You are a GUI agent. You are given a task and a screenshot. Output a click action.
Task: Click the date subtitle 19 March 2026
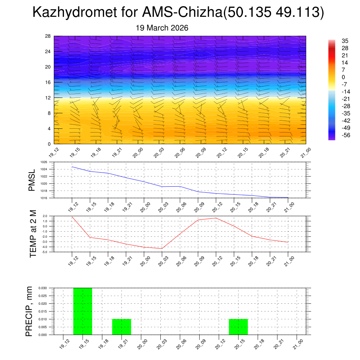[x=162, y=28]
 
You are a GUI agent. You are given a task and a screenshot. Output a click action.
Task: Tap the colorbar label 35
[x=345, y=41]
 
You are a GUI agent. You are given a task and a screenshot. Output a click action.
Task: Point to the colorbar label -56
[x=346, y=135]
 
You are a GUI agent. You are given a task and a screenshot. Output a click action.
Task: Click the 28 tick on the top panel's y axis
[x=48, y=36]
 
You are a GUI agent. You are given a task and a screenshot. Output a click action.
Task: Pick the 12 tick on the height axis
[x=48, y=98]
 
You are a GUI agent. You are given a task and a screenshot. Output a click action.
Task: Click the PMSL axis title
[x=32, y=180]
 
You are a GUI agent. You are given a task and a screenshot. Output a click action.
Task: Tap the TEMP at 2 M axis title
[x=33, y=234]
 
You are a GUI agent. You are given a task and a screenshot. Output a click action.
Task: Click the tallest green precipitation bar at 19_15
[x=83, y=311]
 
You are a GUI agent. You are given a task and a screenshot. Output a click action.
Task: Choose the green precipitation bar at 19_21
[x=122, y=327]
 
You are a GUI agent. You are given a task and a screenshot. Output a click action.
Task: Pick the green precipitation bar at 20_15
[x=238, y=327]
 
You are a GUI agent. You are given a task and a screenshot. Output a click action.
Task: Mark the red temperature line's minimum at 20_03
[x=162, y=249]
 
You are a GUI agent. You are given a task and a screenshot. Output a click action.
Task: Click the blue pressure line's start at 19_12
[x=72, y=167]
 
